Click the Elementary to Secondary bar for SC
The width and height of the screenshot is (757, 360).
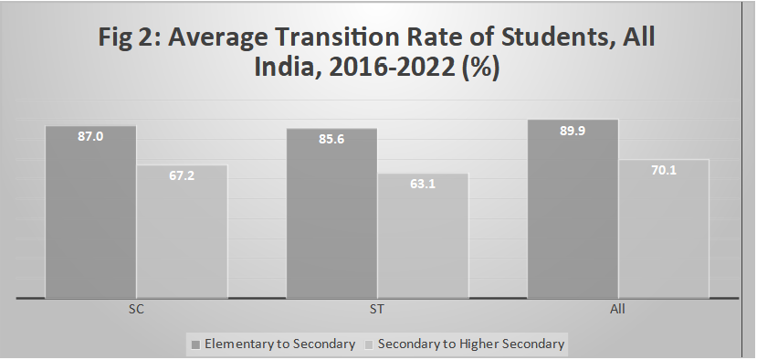point(90,219)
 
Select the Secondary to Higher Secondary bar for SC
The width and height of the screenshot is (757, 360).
point(182,238)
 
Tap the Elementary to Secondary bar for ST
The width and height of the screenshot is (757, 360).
point(331,219)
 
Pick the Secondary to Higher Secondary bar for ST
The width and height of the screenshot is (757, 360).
point(423,242)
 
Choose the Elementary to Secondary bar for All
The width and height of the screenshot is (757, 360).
point(573,215)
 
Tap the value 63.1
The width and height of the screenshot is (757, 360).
point(423,183)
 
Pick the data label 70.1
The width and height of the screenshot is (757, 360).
point(664,169)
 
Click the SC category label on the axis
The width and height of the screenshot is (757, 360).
point(136,311)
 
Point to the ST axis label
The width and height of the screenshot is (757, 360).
point(376,311)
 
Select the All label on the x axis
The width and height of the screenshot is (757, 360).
point(617,311)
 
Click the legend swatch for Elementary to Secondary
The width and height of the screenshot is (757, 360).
point(196,344)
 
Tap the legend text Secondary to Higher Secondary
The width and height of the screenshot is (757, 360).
point(471,344)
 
